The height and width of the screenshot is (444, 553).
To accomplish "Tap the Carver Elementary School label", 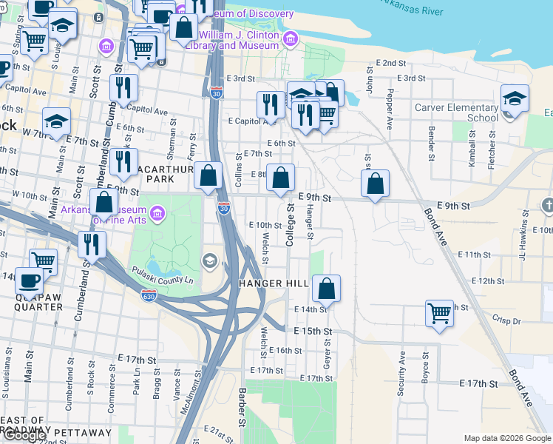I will (456, 112).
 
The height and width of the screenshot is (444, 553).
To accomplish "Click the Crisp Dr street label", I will (506, 321).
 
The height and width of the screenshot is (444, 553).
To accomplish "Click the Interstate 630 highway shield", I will (149, 295).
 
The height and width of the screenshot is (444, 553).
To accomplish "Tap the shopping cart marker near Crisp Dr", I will (439, 313).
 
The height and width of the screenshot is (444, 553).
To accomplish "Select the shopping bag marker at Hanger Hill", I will (326, 287).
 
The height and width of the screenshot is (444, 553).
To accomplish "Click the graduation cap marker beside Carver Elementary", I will (515, 98).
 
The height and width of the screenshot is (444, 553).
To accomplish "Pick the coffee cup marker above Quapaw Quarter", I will (29, 280).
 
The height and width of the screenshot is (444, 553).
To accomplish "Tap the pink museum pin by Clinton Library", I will (290, 38).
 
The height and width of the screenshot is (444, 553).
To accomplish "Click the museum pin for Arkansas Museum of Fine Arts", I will (156, 215).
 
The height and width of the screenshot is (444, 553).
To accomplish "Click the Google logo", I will (24, 435).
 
